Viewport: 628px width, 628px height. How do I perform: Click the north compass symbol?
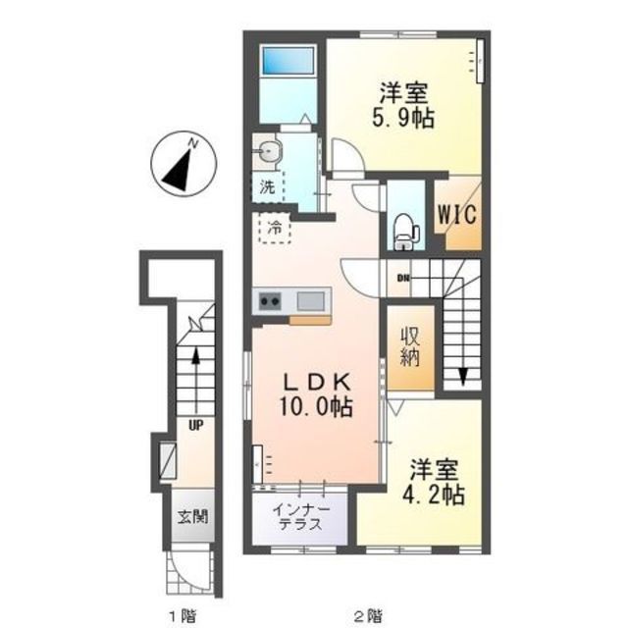(x=183, y=164)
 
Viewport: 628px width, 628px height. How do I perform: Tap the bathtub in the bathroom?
(x=288, y=61)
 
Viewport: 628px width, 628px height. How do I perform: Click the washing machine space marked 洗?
(x=267, y=187)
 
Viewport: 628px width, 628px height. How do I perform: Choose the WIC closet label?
(x=457, y=214)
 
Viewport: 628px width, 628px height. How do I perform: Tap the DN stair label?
(x=403, y=278)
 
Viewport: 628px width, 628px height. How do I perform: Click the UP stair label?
(x=196, y=425)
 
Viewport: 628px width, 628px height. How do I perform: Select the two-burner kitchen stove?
(x=270, y=301)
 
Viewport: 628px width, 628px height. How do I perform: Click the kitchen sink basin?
(x=311, y=301)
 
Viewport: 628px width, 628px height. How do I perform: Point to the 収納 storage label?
(x=410, y=348)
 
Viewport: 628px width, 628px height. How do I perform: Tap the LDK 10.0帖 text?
(x=317, y=395)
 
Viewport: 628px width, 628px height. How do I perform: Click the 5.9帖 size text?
(x=403, y=118)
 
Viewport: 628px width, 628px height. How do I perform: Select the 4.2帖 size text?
(x=434, y=495)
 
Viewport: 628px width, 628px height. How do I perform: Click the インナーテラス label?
(x=301, y=517)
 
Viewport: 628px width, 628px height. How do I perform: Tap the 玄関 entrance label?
(x=193, y=517)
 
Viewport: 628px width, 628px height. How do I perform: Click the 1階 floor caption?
(x=183, y=614)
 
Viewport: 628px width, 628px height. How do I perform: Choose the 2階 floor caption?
(x=369, y=614)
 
